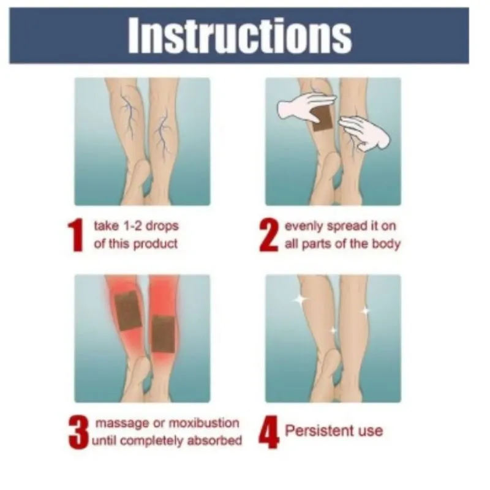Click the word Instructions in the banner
(239, 35)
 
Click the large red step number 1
(75, 235)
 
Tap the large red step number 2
(269, 235)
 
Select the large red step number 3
(78, 432)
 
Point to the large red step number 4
(269, 432)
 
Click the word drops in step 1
(162, 226)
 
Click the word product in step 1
(156, 244)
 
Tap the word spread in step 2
(347, 226)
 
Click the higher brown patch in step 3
(129, 311)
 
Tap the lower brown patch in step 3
(163, 334)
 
